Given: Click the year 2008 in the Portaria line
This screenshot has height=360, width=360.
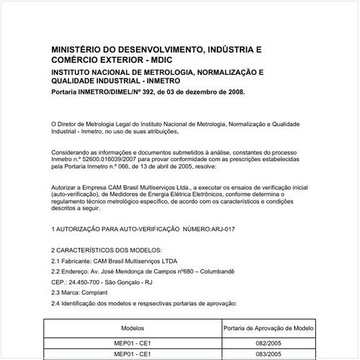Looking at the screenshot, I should (x=235, y=92).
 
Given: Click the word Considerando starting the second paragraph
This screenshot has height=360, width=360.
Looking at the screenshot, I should (x=74, y=152).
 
